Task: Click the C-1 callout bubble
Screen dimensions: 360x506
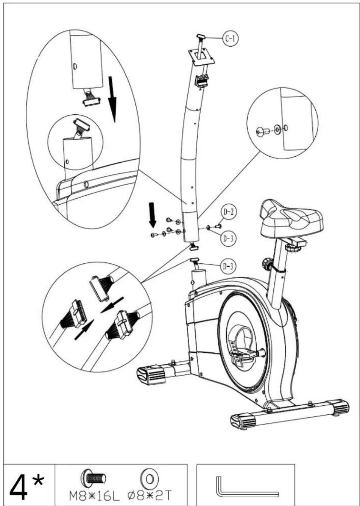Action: point(230,38)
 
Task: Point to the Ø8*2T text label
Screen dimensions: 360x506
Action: point(149,495)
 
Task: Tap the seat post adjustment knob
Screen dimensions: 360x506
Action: point(266,263)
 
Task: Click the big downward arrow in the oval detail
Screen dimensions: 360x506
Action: point(112,99)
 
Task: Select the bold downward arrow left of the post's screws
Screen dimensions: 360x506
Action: point(153,215)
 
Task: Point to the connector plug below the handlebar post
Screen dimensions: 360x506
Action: point(194,246)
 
